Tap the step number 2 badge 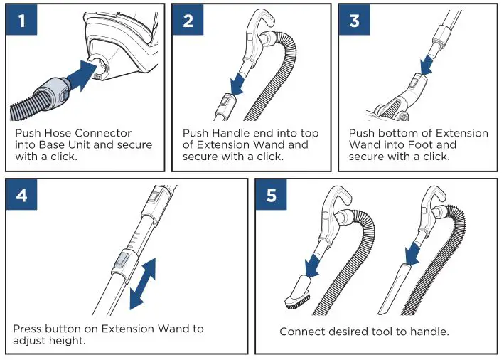point(188,21)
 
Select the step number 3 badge point(355,21)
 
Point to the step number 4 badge point(23,195)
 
